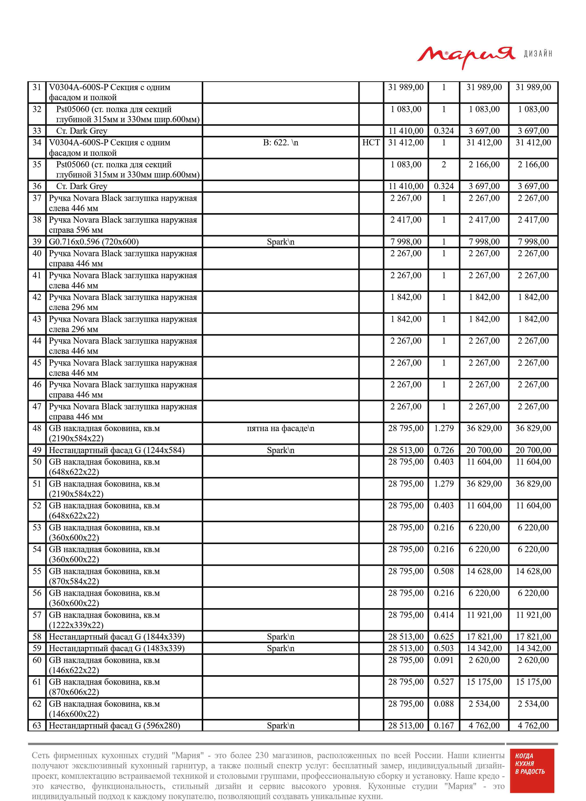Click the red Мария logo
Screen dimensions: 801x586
point(466,56)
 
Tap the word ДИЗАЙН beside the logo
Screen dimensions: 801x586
point(538,54)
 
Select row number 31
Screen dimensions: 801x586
point(37,87)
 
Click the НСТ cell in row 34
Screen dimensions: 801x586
point(371,143)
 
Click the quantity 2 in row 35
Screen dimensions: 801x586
point(444,165)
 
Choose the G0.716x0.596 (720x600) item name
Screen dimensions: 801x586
point(94,242)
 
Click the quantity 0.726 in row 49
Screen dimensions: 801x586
point(444,450)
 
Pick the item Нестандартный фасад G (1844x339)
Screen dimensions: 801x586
point(117,637)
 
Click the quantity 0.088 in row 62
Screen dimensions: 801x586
point(444,704)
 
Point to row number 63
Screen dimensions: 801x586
point(37,725)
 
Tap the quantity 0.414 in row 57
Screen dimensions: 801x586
point(444,615)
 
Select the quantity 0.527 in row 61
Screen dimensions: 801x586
point(444,682)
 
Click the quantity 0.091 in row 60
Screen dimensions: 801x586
point(444,660)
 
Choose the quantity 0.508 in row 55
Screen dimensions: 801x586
point(444,572)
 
